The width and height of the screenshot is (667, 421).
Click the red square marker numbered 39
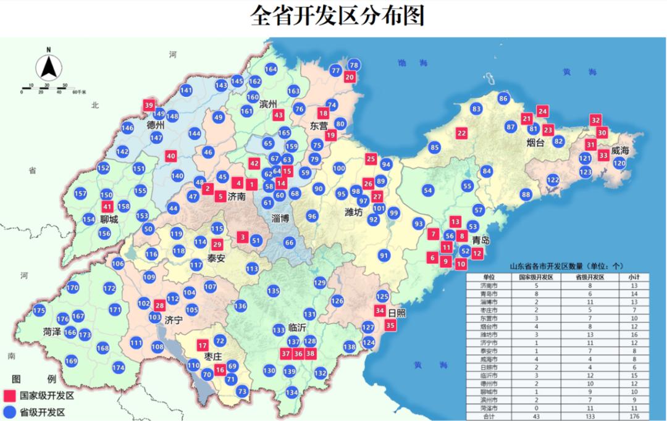(x=148, y=106)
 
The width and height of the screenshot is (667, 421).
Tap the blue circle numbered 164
(x=271, y=70)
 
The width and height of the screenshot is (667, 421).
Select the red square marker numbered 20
(x=350, y=77)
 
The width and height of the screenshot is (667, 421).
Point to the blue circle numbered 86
(x=503, y=99)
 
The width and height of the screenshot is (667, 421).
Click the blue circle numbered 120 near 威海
(x=619, y=163)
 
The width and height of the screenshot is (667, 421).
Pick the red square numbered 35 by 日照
(x=390, y=325)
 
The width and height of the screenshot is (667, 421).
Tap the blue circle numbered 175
(x=40, y=311)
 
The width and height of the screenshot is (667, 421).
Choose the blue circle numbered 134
(x=292, y=393)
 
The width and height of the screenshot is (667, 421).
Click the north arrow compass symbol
(x=48, y=65)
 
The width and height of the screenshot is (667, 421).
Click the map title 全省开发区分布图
(x=337, y=16)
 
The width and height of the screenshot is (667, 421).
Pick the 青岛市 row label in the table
(x=489, y=295)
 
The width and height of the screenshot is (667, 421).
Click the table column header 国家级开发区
(x=535, y=278)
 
